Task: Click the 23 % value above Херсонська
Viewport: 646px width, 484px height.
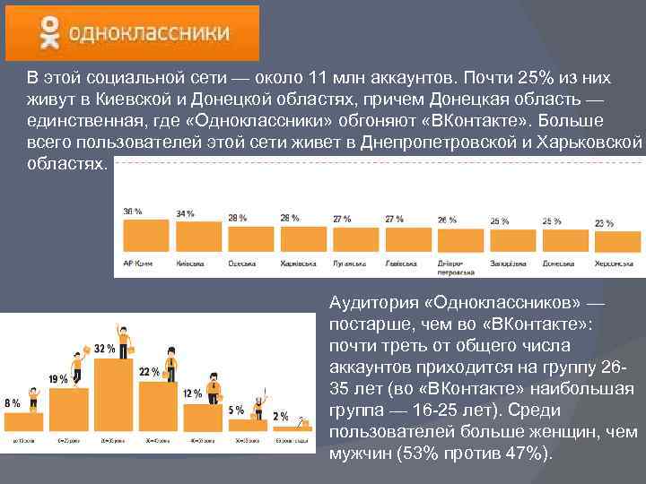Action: pyautogui.click(x=605, y=223)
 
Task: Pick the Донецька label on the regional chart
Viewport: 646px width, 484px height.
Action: pyautogui.click(x=558, y=264)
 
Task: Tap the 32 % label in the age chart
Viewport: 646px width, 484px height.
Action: pyautogui.click(x=103, y=348)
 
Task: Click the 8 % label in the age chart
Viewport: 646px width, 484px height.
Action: pyautogui.click(x=13, y=403)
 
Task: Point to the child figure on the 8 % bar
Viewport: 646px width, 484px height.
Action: pyautogui.click(x=34, y=396)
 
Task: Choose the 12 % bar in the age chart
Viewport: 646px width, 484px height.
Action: pyautogui.click(x=210, y=419)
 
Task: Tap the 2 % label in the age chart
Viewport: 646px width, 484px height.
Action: pyautogui.click(x=280, y=417)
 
